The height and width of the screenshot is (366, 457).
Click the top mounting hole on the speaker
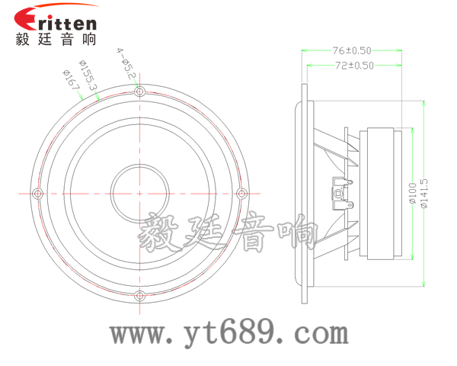point(139,91)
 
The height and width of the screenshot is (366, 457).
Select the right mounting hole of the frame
point(242,192)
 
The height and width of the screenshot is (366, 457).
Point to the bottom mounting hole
point(139,295)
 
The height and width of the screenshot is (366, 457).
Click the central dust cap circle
point(139,192)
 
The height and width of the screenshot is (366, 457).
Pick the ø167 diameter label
point(72,81)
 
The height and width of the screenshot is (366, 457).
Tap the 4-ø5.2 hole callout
point(126,63)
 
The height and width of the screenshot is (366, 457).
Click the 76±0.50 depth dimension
point(353,50)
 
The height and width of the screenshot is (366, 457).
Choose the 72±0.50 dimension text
point(354,66)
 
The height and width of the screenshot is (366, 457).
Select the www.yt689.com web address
point(228,332)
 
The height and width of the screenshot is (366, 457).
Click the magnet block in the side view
point(385,192)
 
